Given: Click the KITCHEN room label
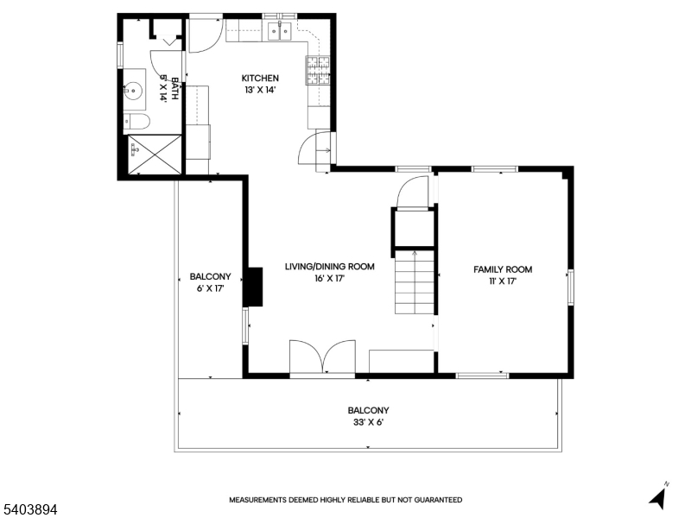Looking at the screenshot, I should (x=259, y=79).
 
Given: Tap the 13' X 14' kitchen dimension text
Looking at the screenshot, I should (x=259, y=90).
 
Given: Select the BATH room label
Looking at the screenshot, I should (x=174, y=89).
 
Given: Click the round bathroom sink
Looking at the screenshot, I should (x=134, y=88).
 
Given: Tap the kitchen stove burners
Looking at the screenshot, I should (x=317, y=71).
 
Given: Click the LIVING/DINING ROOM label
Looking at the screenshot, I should (x=329, y=267).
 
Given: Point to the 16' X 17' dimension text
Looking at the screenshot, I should (x=329, y=279).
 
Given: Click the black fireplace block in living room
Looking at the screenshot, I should (x=253, y=287).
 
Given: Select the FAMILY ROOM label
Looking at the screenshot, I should (x=502, y=269).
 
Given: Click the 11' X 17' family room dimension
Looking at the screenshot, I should (x=502, y=281).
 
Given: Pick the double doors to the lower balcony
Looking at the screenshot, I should (x=322, y=357).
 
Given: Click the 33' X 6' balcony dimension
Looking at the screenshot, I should (x=368, y=423).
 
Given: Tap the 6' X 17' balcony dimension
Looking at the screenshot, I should (x=210, y=288).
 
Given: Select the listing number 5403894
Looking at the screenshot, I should (x=29, y=510).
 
